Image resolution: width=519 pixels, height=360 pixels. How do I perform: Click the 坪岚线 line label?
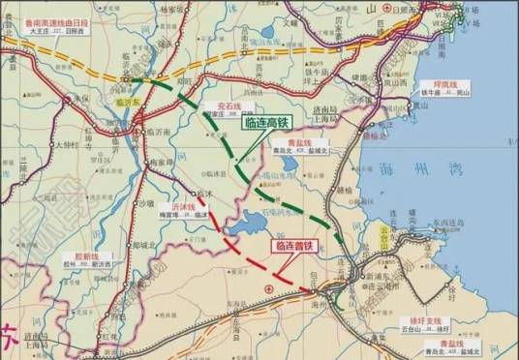point(455,84)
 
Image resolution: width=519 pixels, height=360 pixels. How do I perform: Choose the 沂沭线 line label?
point(210,207)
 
